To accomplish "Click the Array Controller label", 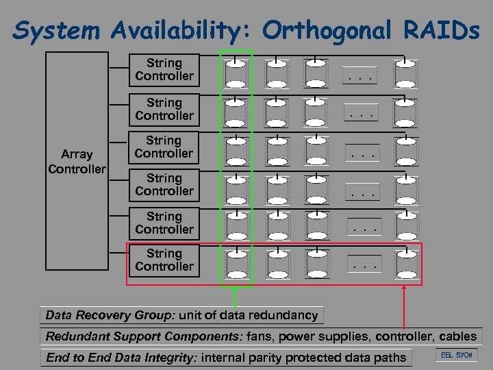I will [x=77, y=162].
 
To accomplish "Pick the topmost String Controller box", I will [x=164, y=70].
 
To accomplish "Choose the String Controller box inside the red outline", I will [x=164, y=260].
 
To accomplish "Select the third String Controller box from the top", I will [x=164, y=147].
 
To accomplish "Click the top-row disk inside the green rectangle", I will [x=236, y=73].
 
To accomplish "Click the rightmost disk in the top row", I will [x=405, y=73].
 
